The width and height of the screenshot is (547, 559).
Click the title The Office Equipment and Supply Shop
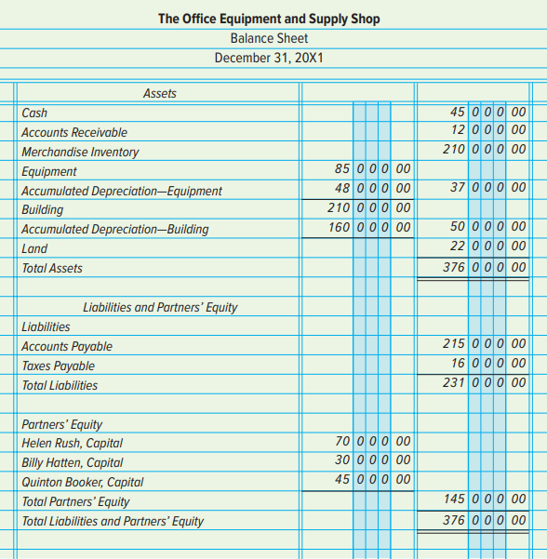click(x=269, y=19)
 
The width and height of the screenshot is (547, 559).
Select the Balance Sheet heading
click(x=269, y=38)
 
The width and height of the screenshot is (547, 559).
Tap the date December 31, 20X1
click(x=269, y=58)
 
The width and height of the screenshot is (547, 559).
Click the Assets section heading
click(x=160, y=93)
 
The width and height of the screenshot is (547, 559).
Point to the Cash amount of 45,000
click(x=487, y=112)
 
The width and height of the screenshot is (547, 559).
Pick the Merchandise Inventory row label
click(x=80, y=152)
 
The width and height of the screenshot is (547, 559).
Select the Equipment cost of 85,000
click(x=373, y=168)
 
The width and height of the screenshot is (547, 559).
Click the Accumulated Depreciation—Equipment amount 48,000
click(x=373, y=188)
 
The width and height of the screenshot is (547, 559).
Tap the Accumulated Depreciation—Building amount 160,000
click(x=369, y=227)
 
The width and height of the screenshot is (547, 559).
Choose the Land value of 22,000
click(x=487, y=246)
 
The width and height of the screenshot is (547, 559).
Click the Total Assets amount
click(x=485, y=267)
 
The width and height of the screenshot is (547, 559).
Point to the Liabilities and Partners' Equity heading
click(x=160, y=307)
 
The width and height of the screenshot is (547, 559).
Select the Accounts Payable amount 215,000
click(x=485, y=343)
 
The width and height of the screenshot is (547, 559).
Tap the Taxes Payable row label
click(x=58, y=366)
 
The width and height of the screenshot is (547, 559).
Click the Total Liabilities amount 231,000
click(x=485, y=382)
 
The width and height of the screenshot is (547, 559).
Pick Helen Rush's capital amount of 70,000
click(x=373, y=441)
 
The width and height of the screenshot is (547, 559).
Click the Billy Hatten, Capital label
click(x=72, y=463)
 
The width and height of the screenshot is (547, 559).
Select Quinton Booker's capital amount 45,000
click(x=373, y=479)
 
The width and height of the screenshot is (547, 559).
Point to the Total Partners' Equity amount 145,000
click(x=485, y=499)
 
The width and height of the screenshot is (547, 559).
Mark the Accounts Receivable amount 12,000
click(x=488, y=129)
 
